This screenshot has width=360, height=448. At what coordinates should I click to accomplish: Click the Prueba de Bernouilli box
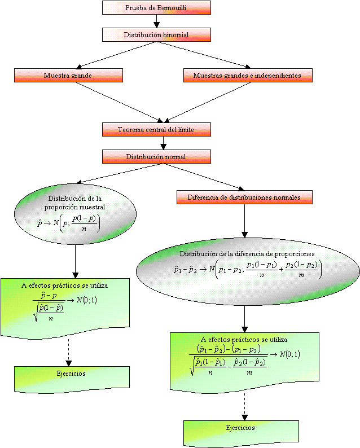click(156, 7)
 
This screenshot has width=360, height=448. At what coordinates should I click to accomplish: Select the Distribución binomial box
click(156, 34)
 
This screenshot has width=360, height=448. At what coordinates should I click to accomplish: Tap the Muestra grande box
click(68, 75)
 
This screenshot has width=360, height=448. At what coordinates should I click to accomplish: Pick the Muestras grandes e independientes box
click(247, 75)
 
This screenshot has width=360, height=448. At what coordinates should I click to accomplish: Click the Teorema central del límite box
click(156, 130)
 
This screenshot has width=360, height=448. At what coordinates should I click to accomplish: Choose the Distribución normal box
click(156, 156)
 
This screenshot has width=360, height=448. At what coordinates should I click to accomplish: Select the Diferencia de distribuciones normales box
click(244, 197)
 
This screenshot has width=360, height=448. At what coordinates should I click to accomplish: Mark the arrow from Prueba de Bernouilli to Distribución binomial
click(156, 21)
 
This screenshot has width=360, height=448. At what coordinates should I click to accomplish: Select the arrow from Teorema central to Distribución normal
click(163, 143)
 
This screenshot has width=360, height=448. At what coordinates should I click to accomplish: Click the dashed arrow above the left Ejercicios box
click(68, 351)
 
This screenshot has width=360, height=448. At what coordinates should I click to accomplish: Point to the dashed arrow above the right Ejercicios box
click(244, 404)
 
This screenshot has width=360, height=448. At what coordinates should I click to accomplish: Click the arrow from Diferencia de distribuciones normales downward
click(244, 220)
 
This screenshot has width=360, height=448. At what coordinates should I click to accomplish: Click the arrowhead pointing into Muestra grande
click(78, 67)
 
